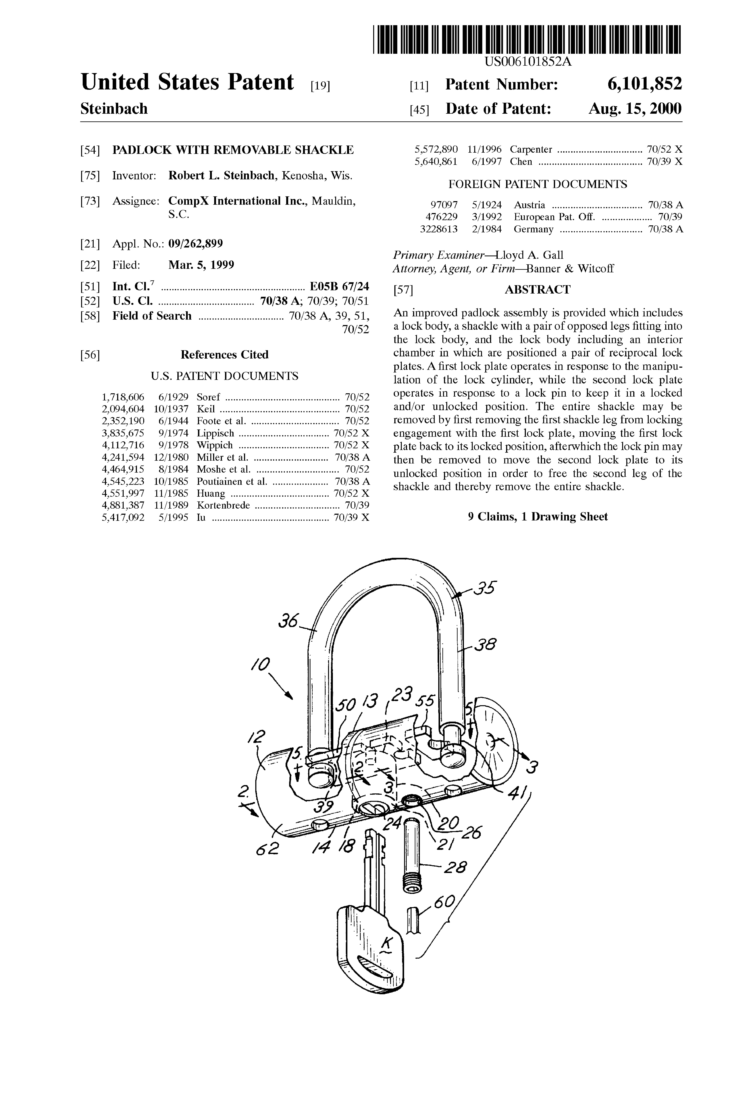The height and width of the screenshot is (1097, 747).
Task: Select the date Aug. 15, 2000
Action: click(635, 109)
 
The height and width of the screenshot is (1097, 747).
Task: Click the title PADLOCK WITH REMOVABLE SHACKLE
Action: click(233, 150)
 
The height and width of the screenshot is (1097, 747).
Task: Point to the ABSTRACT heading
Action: click(537, 289)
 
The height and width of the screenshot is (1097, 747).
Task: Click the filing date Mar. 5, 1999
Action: click(201, 265)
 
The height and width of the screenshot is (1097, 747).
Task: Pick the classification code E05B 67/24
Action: click(339, 287)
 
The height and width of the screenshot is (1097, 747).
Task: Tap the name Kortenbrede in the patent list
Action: click(223, 505)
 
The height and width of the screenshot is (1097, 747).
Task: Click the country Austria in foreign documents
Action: click(529, 205)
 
